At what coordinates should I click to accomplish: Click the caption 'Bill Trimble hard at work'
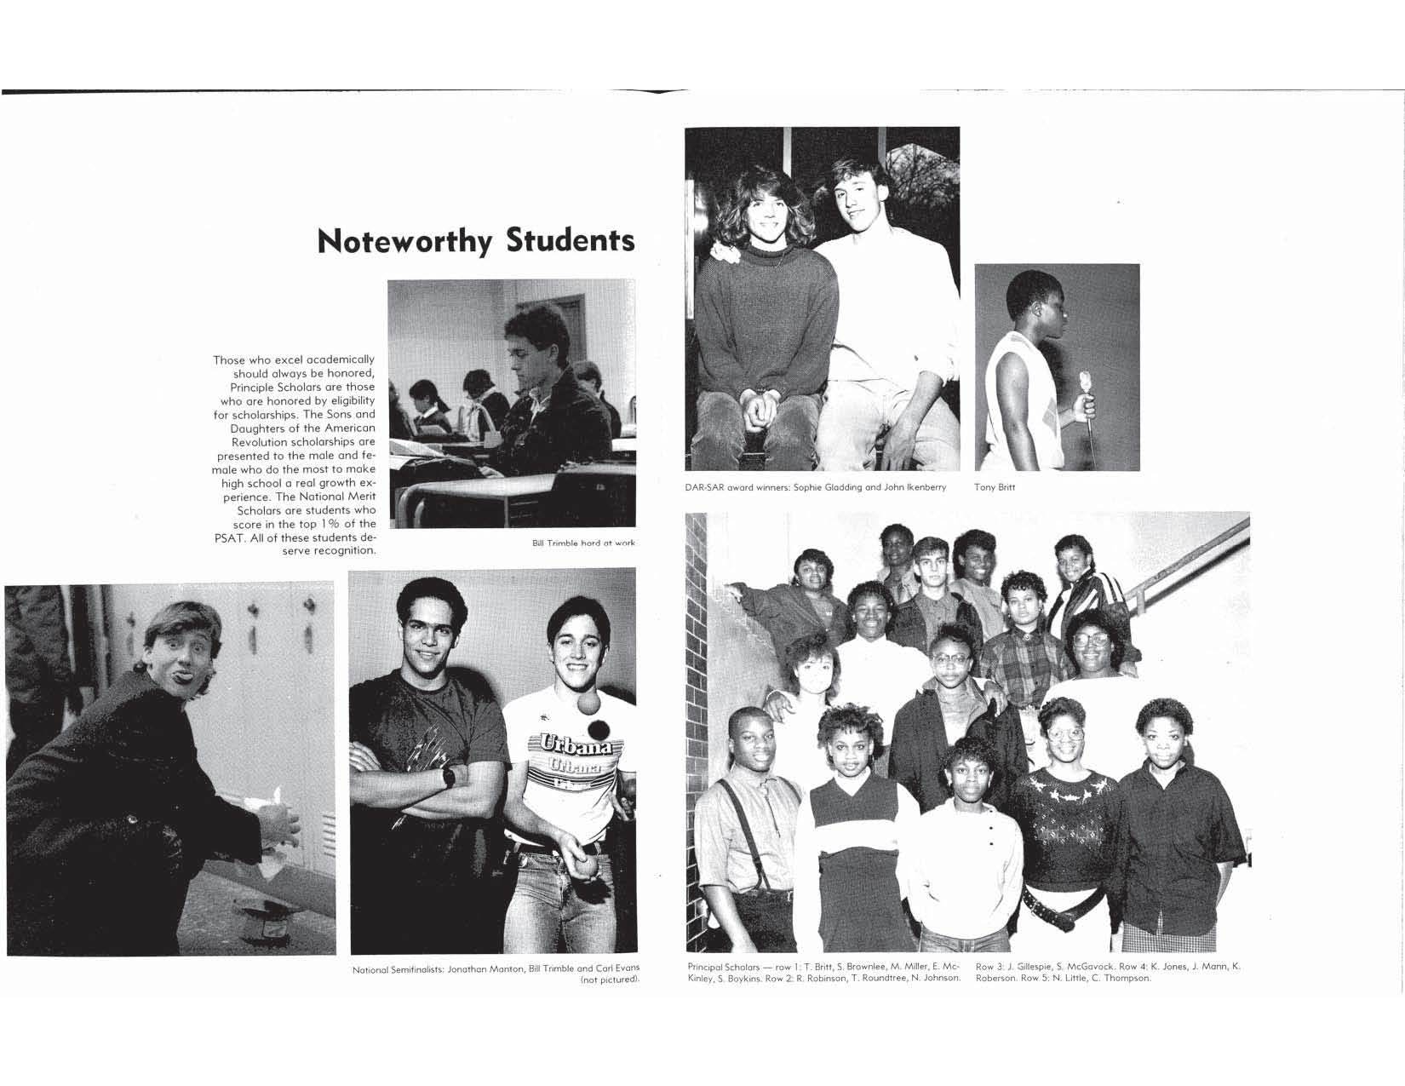(583, 543)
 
